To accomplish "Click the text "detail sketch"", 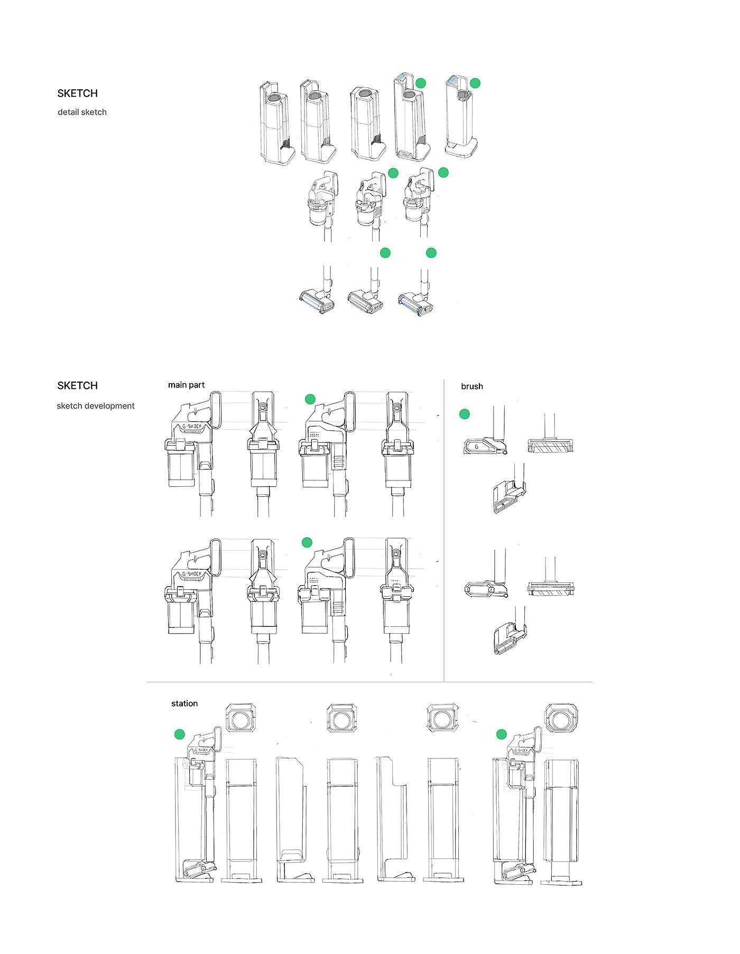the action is [82, 112].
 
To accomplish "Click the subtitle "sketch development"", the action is [96, 406].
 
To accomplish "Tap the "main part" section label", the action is [186, 385].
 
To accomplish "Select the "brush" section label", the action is [472, 386].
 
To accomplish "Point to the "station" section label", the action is [184, 703].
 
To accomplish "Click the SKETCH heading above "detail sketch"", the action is [78, 94].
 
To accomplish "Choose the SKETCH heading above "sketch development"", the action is [78, 386].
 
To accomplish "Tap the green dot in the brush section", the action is [465, 414].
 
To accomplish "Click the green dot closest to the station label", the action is [180, 734].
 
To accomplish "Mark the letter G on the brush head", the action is [477, 447].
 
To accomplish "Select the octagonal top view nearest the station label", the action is [242, 718].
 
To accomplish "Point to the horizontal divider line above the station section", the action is [369, 682].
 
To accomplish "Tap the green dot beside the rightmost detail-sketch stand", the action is [475, 83].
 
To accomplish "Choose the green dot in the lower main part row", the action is [307, 542].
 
